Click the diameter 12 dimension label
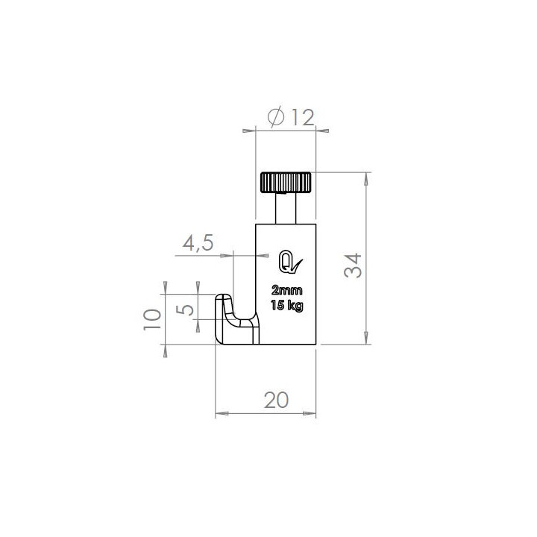click(291, 117)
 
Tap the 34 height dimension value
click(353, 265)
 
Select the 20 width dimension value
click(277, 400)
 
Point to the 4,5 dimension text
click(198, 243)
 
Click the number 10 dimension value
click(152, 319)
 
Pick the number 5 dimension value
click(185, 310)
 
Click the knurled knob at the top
click(286, 183)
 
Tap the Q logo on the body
click(290, 262)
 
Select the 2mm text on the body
click(286, 290)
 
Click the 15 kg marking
click(286, 305)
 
